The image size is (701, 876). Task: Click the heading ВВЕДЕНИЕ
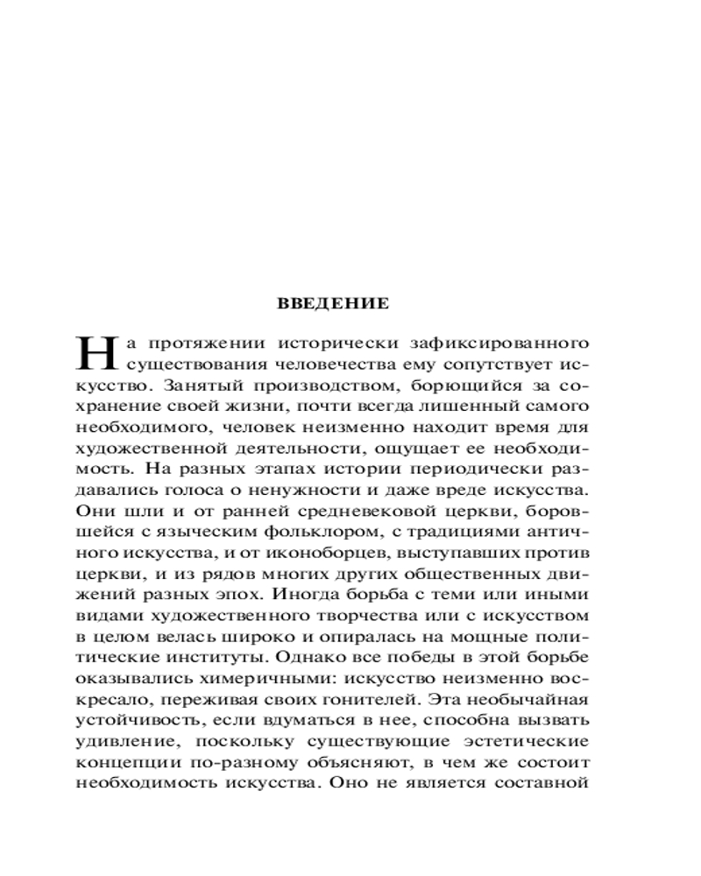point(332,305)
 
